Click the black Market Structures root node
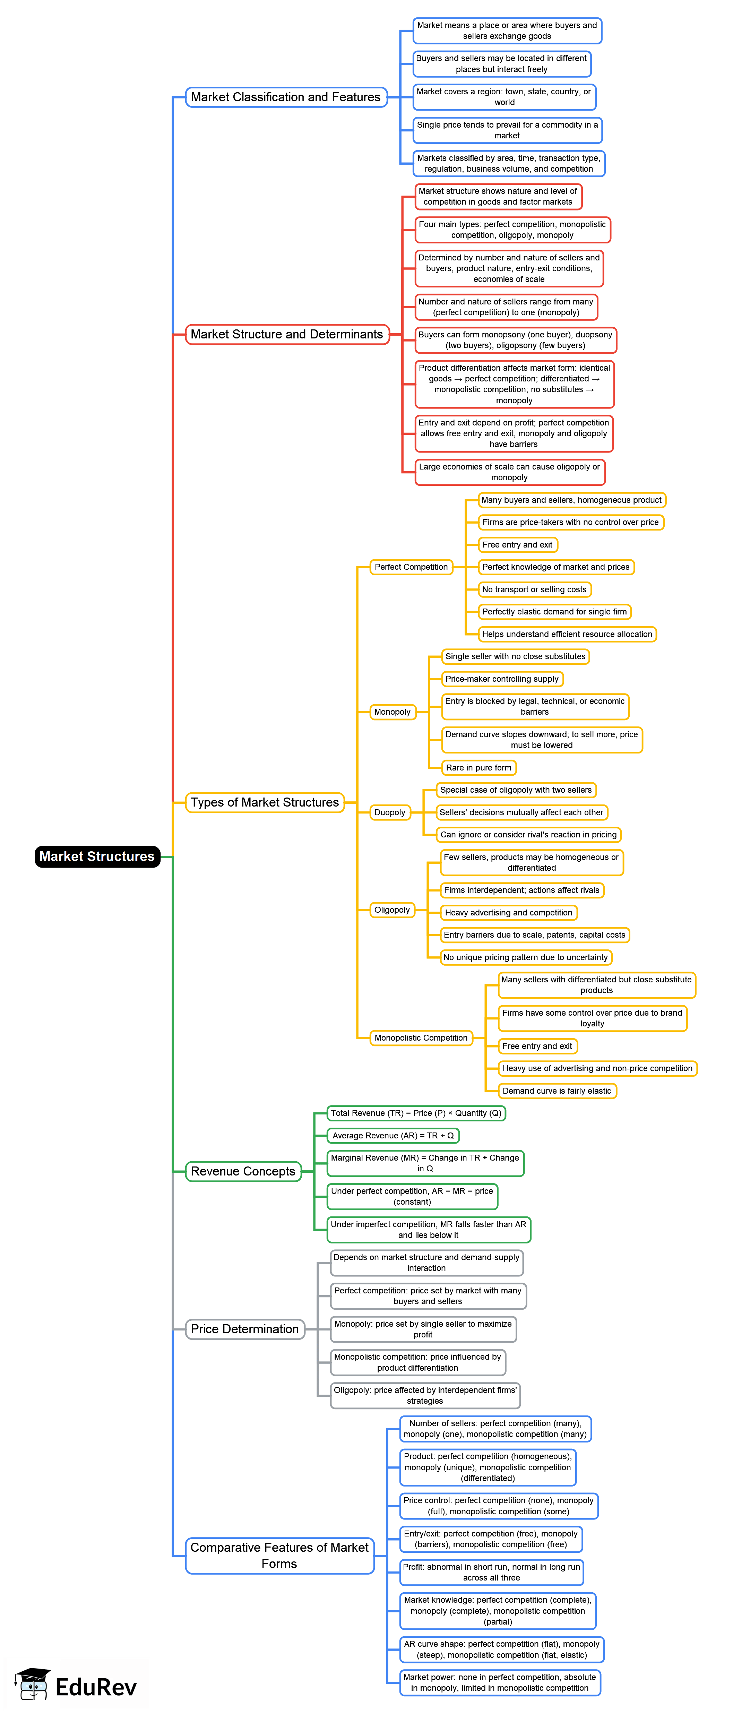tap(97, 856)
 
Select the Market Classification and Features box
tap(286, 97)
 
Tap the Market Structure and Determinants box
tap(287, 334)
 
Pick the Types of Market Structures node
tap(265, 802)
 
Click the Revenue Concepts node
tap(243, 1171)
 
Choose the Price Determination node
tap(245, 1329)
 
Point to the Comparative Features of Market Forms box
tap(279, 1556)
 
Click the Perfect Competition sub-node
tap(411, 567)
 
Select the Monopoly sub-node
tap(393, 712)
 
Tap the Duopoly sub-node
tap(390, 812)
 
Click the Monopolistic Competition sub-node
tap(421, 1038)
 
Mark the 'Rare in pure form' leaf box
tap(479, 768)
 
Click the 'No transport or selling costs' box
tap(535, 589)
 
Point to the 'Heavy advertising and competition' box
tap(509, 913)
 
